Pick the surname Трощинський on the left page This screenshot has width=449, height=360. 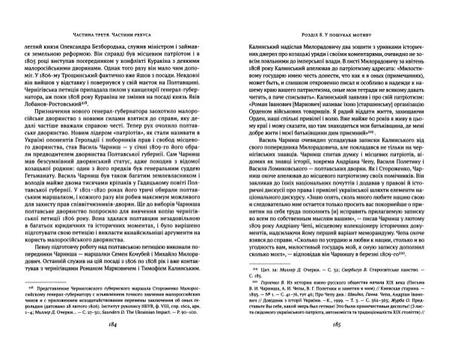point(107,76)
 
